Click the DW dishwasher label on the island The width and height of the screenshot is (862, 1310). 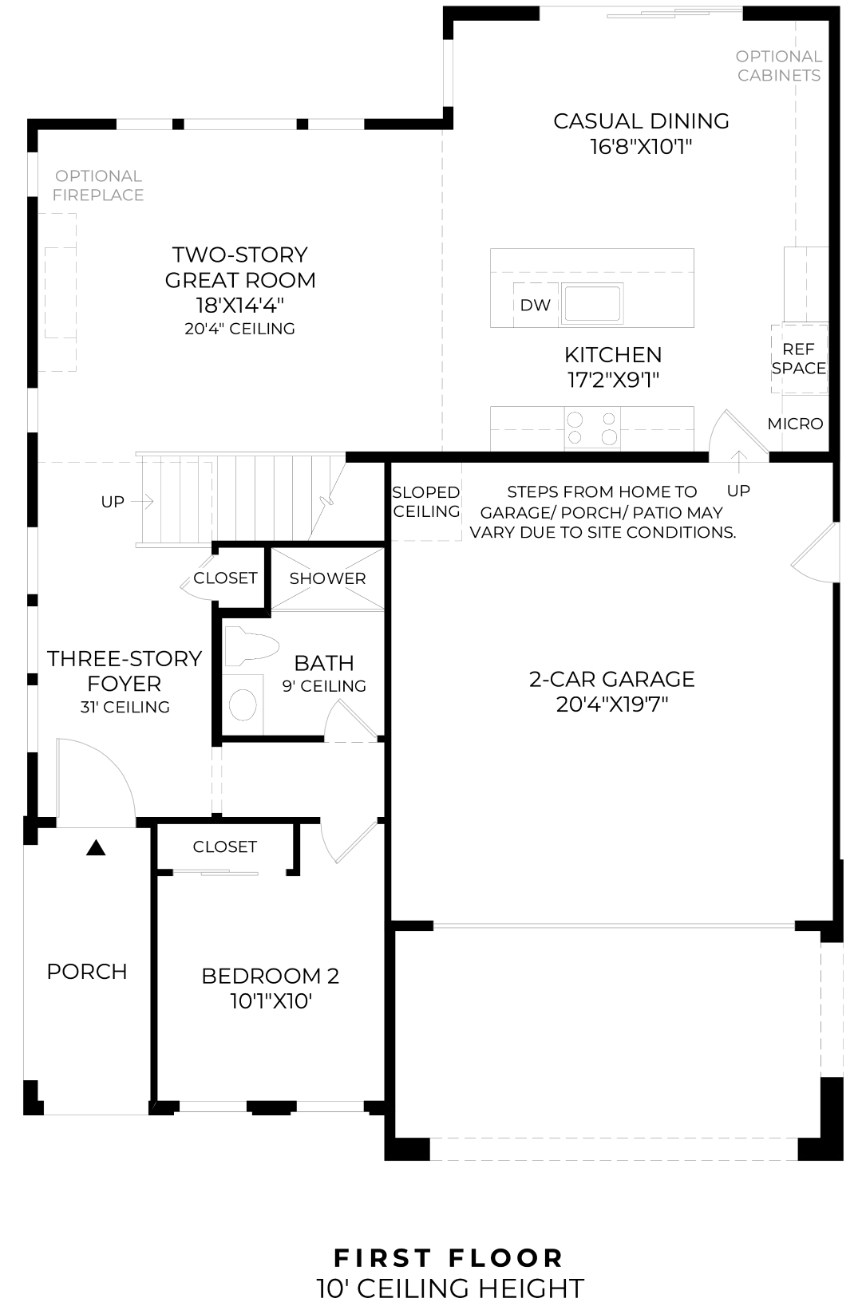[x=535, y=305]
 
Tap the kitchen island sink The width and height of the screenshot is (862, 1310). [x=591, y=303]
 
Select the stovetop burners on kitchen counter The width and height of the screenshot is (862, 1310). [x=591, y=428]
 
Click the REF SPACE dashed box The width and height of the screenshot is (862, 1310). [x=798, y=359]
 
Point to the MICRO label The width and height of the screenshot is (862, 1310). [x=795, y=424]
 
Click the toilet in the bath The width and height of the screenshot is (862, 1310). [x=250, y=645]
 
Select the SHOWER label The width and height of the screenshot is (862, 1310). [x=327, y=578]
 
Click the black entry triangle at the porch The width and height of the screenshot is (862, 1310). [x=96, y=848]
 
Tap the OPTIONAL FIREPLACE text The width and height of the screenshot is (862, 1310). [x=99, y=185]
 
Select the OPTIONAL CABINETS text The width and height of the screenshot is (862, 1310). [x=778, y=65]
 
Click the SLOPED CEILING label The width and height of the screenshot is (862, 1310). [x=426, y=502]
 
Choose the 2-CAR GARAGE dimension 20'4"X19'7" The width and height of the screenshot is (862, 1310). [x=611, y=704]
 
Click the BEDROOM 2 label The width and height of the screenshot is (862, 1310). [x=270, y=976]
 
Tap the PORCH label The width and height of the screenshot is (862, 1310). [x=87, y=972]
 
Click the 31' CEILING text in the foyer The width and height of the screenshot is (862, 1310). [x=125, y=707]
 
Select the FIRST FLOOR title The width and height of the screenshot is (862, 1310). [x=449, y=1258]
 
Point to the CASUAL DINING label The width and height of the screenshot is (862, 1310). [x=641, y=121]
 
